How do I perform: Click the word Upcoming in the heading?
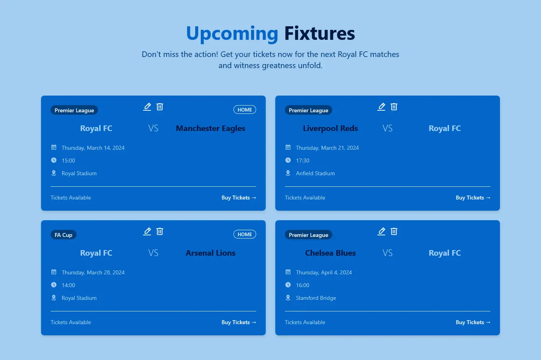click(232, 34)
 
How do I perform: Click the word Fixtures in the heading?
click(319, 34)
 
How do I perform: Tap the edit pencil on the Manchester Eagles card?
click(147, 107)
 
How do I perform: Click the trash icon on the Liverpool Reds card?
click(394, 107)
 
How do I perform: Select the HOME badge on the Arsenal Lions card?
click(245, 235)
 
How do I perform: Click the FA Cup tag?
click(63, 235)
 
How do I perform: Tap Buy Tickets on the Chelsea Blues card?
click(472, 322)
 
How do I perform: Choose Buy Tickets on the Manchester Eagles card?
click(238, 198)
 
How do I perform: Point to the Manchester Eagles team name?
click(210, 128)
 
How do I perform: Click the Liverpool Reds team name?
click(330, 128)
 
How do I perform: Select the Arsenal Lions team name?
click(210, 253)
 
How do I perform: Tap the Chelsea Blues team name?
click(330, 253)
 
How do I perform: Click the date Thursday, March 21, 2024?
click(327, 148)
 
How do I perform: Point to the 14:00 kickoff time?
click(68, 285)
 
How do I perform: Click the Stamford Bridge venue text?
click(316, 298)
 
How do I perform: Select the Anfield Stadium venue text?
click(315, 173)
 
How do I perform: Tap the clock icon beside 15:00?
click(54, 160)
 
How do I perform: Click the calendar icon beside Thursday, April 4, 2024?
click(288, 272)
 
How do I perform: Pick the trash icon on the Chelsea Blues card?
click(394, 231)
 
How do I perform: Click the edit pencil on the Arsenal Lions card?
click(147, 231)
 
